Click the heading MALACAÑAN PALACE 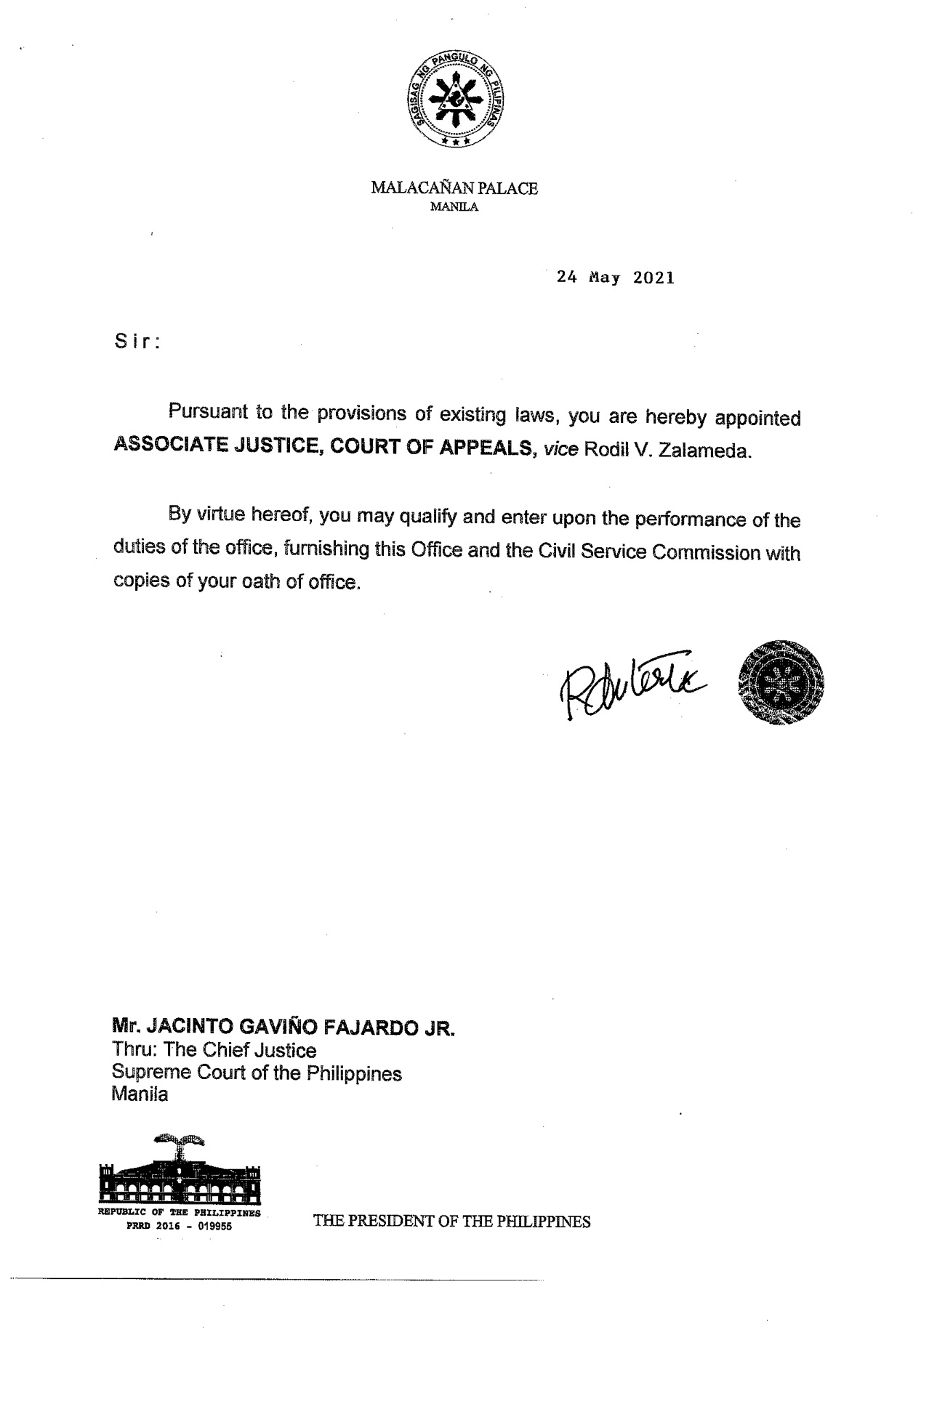pos(454,188)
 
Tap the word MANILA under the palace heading pos(454,207)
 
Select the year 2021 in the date pos(653,278)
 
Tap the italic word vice pos(560,450)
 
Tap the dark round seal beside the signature pos(780,683)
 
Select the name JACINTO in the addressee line pos(185,1027)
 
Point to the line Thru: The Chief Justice pos(214,1050)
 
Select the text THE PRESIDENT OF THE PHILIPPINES pos(451,1222)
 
